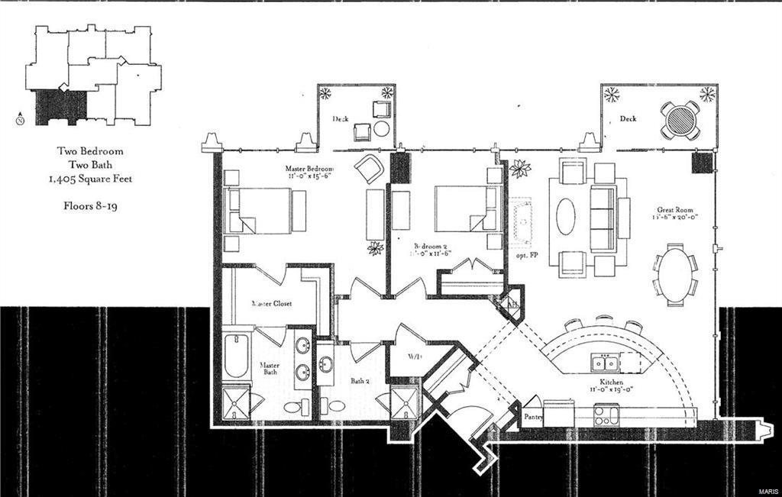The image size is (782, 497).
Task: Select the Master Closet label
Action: (272, 303)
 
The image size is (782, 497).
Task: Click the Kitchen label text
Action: (611, 381)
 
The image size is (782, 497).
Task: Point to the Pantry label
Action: (533, 417)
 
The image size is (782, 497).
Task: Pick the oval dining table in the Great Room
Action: (675, 274)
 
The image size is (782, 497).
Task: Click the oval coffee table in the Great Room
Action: (566, 216)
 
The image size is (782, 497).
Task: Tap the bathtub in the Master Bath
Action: (236, 357)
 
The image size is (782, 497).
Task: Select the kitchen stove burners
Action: (607, 417)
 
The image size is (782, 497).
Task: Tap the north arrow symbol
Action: (19, 117)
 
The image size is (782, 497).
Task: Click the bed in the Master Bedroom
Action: (260, 210)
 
